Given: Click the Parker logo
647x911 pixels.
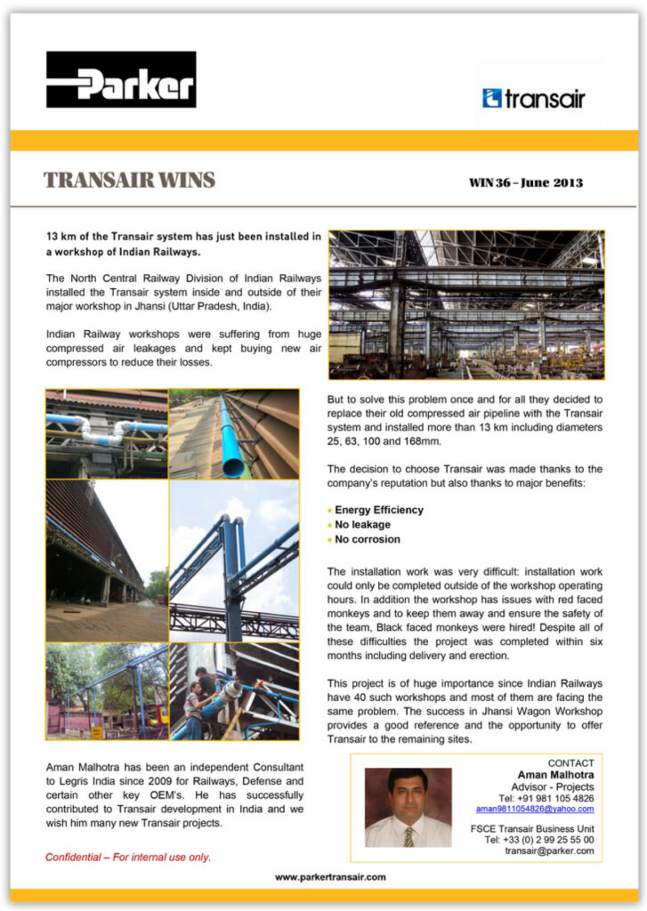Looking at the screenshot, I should click(x=121, y=79).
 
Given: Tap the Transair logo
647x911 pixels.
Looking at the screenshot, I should click(x=534, y=98).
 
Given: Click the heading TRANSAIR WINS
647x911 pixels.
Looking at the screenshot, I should click(x=129, y=181).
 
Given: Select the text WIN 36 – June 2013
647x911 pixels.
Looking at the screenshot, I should click(x=525, y=183).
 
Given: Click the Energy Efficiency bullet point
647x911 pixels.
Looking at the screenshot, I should click(x=378, y=510).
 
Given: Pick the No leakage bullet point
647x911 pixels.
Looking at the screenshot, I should click(x=362, y=525).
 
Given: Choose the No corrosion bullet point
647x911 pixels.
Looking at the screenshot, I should click(x=367, y=539).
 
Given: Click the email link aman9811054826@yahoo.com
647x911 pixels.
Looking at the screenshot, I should click(x=534, y=810).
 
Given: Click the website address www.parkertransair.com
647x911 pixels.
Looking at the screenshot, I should click(x=330, y=876).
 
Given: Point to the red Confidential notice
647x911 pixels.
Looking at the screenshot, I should click(x=128, y=858).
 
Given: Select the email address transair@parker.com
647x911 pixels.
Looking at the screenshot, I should click(x=549, y=851).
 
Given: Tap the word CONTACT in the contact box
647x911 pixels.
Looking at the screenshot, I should click(x=570, y=763).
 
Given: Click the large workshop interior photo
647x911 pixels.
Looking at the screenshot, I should click(x=465, y=304).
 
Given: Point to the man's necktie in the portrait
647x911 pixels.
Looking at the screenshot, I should click(x=408, y=836).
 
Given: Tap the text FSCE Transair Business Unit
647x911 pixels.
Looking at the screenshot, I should click(x=531, y=828).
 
